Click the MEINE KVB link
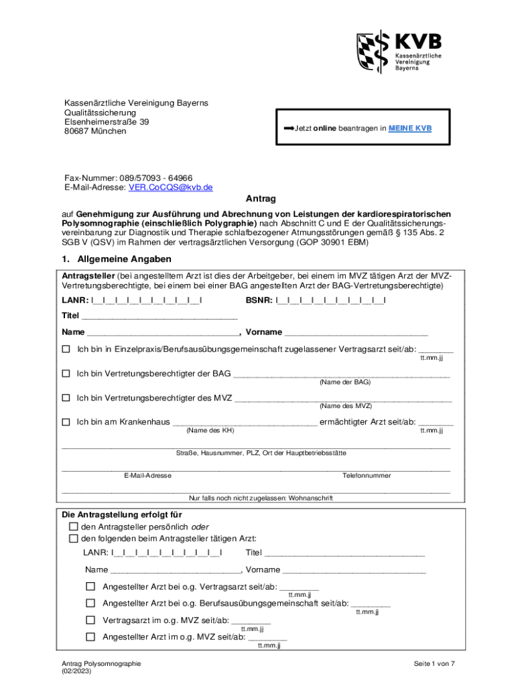pyautogui.click(x=411, y=127)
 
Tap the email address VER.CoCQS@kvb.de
pyautogui.click(x=170, y=188)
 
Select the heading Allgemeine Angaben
pyautogui.click(x=124, y=259)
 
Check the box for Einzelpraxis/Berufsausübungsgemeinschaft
pyautogui.click(x=66, y=349)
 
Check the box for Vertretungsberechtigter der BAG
pyautogui.click(x=66, y=373)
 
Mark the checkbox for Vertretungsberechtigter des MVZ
pyautogui.click(x=66, y=398)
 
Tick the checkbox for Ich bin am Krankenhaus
pyautogui.click(x=66, y=422)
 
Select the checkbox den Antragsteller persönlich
pyautogui.click(x=74, y=527)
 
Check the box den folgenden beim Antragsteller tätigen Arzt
pyautogui.click(x=74, y=539)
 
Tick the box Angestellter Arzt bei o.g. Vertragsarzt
pyautogui.click(x=90, y=586)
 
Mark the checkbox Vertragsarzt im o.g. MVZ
pyautogui.click(x=90, y=620)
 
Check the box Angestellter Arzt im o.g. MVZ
pyautogui.click(x=90, y=636)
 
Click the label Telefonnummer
pyautogui.click(x=367, y=475)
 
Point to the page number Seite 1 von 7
pyautogui.click(x=434, y=663)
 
